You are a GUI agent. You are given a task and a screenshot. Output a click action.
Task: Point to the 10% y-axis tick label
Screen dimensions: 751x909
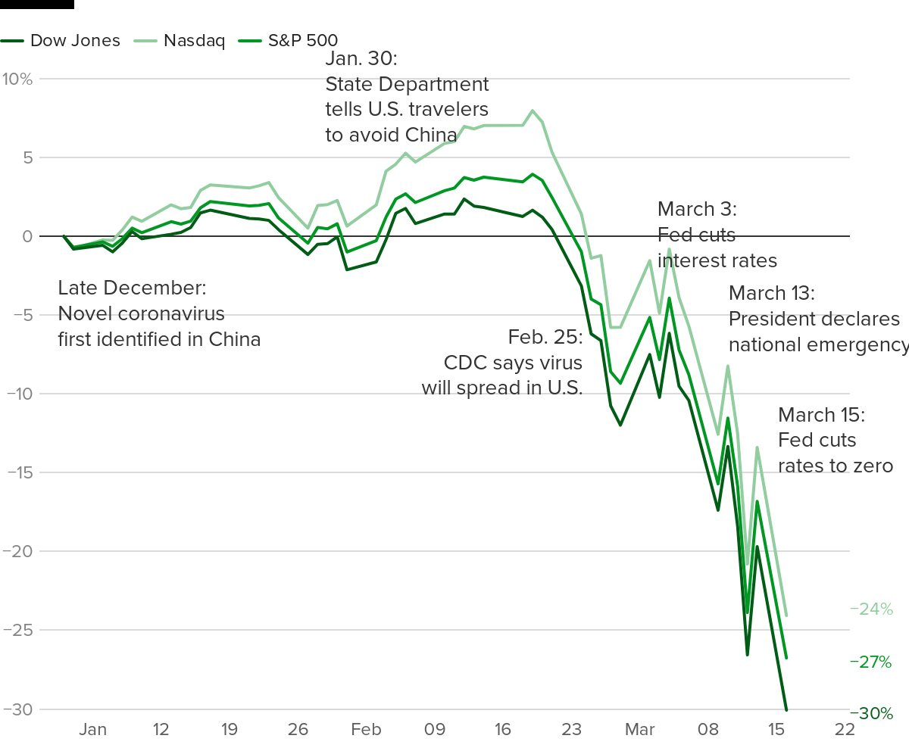click(17, 79)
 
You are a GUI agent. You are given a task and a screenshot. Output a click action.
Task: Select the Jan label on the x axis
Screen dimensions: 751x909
click(93, 730)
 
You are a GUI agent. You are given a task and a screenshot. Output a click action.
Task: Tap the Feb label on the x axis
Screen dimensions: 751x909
click(366, 730)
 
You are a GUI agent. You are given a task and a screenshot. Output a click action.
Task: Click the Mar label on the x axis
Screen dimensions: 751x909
click(639, 730)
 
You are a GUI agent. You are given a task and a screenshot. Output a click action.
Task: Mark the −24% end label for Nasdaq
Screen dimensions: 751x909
click(872, 609)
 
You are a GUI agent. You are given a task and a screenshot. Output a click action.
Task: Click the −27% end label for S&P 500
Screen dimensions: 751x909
click(872, 662)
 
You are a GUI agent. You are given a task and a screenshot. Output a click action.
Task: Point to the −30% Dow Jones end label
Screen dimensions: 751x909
click(872, 713)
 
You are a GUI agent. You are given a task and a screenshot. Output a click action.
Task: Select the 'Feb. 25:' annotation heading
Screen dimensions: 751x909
click(545, 336)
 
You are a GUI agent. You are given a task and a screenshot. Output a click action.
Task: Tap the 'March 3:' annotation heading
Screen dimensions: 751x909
click(697, 209)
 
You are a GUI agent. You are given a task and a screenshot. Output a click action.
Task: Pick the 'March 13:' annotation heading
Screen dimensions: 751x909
click(771, 293)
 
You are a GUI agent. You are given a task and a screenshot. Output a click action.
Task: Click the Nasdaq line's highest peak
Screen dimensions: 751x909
click(533, 111)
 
